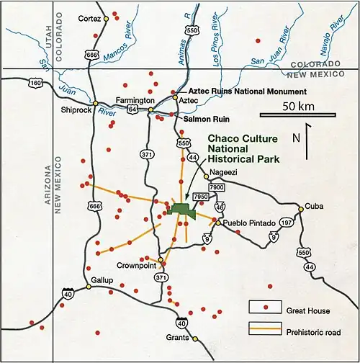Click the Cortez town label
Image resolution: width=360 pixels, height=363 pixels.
pyautogui.click(x=89, y=17)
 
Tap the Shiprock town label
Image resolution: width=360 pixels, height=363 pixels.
pyautogui.click(x=74, y=110)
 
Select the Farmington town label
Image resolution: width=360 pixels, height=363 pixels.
pyautogui.click(x=137, y=100)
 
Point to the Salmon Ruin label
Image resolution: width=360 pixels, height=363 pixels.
pyautogui.click(x=205, y=117)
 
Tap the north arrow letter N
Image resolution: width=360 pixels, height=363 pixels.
pyautogui.click(x=296, y=137)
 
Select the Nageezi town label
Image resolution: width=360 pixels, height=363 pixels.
pyautogui.click(x=222, y=173)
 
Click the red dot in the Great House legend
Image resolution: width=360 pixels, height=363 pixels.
pyautogui.click(x=266, y=308)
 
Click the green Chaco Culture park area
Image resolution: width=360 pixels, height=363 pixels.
pyautogui.click(x=184, y=209)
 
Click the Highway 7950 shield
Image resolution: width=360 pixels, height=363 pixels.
pyautogui.click(x=201, y=196)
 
